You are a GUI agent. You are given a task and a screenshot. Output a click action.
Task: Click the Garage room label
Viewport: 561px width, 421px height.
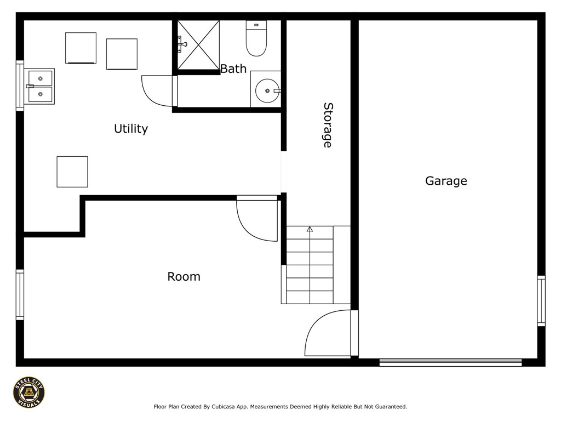click(446, 181)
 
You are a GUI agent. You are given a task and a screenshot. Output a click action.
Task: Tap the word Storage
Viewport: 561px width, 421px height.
click(328, 126)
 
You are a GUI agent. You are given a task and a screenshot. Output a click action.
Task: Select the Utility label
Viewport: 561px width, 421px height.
click(131, 128)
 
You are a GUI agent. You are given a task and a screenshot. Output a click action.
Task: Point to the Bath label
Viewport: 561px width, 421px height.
click(233, 69)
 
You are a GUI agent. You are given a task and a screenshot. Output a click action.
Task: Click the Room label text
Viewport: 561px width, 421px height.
click(184, 276)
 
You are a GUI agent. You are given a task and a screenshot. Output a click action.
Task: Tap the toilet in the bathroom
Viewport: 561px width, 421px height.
click(256, 38)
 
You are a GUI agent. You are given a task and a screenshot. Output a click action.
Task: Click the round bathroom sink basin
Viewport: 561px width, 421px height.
click(267, 90)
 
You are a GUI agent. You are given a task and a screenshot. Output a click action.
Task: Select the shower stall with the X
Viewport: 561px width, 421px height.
click(198, 45)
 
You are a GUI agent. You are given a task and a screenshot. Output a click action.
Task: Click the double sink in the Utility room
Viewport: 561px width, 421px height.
click(40, 86)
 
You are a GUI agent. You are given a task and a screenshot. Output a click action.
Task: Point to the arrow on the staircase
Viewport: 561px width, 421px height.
click(310, 229)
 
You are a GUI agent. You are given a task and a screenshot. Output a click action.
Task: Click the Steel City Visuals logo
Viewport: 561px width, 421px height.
click(29, 392)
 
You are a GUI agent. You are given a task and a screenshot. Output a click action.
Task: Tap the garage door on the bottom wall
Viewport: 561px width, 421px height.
click(450, 362)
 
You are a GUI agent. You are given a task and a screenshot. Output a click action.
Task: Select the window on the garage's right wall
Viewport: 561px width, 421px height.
click(541, 301)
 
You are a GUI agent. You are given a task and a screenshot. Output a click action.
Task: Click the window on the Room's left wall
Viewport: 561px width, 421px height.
click(20, 294)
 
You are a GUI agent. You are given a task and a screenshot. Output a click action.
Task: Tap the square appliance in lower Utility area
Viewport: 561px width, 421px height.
click(72, 172)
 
